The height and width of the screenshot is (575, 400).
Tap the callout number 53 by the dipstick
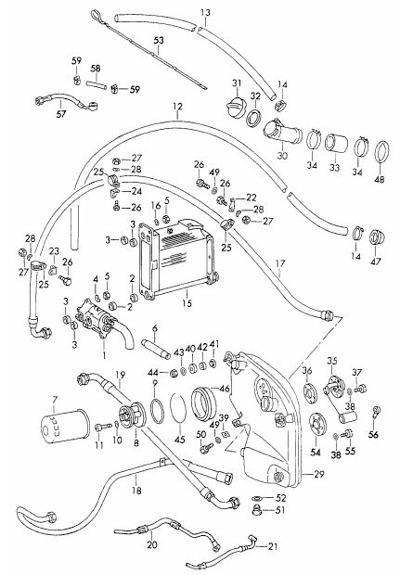tap(159, 40)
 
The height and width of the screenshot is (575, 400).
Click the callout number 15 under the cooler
tap(187, 303)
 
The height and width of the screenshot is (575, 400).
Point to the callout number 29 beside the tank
tap(319, 474)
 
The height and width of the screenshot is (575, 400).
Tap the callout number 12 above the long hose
tap(177, 107)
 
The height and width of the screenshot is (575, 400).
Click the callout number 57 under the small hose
tap(61, 114)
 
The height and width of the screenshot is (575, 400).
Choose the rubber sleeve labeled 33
tap(337, 145)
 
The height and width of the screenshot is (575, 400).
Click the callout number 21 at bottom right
tap(272, 546)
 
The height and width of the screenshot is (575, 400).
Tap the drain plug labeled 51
tap(260, 510)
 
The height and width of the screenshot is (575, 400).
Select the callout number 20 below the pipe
tap(152, 545)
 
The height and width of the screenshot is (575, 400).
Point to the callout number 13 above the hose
tap(205, 13)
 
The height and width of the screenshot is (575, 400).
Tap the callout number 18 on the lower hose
tap(136, 490)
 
